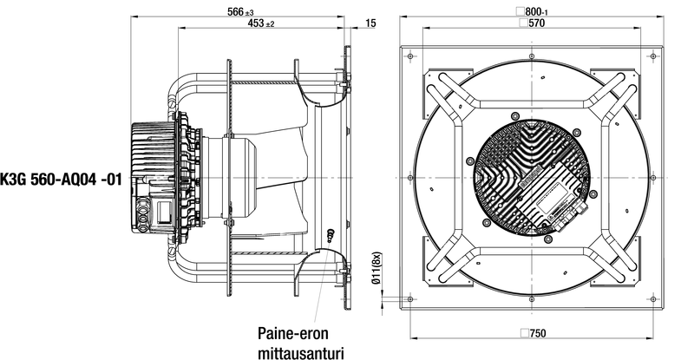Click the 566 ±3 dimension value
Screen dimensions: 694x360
[x=240, y=11]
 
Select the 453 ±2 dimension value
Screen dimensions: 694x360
[x=261, y=23]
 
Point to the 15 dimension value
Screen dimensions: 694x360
[x=371, y=23]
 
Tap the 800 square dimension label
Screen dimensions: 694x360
[x=535, y=11]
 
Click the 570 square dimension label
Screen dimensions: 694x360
[x=533, y=23]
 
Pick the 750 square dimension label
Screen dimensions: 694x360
[x=534, y=333]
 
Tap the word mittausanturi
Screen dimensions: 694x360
[x=300, y=353]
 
